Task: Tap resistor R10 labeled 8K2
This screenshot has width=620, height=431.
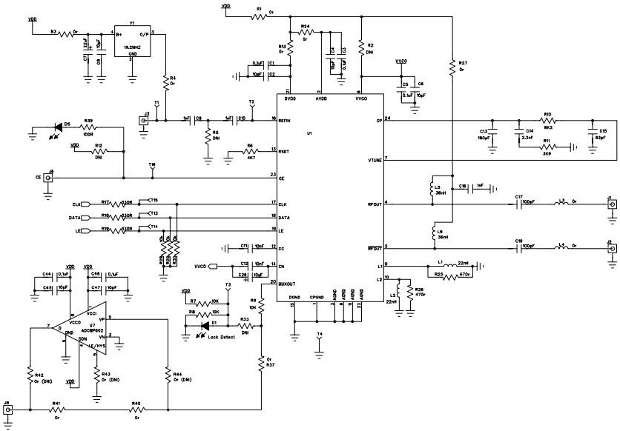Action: point(547,119)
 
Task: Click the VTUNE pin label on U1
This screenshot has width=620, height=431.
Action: point(374,160)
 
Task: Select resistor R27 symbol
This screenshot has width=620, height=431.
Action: point(451,68)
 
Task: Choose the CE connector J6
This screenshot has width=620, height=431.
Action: point(50,178)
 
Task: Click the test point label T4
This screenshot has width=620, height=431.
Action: point(320,334)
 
